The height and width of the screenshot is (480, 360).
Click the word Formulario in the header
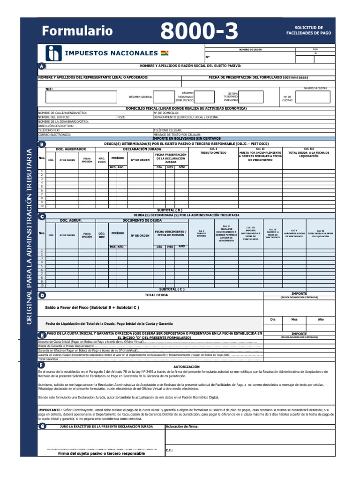(77, 31)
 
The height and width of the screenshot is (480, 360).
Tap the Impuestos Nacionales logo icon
(53, 53)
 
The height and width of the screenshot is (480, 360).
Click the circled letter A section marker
(42, 66)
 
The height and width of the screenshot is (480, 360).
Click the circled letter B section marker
(42, 144)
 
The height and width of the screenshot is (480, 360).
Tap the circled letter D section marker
(42, 295)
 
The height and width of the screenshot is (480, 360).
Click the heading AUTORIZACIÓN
(187, 367)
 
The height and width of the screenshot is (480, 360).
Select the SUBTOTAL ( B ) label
(171, 210)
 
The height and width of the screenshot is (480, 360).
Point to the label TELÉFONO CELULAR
(167, 130)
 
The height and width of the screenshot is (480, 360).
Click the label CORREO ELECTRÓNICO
(54, 134)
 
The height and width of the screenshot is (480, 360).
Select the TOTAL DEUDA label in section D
(156, 295)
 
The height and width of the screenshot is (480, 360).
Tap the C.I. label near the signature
(169, 450)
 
